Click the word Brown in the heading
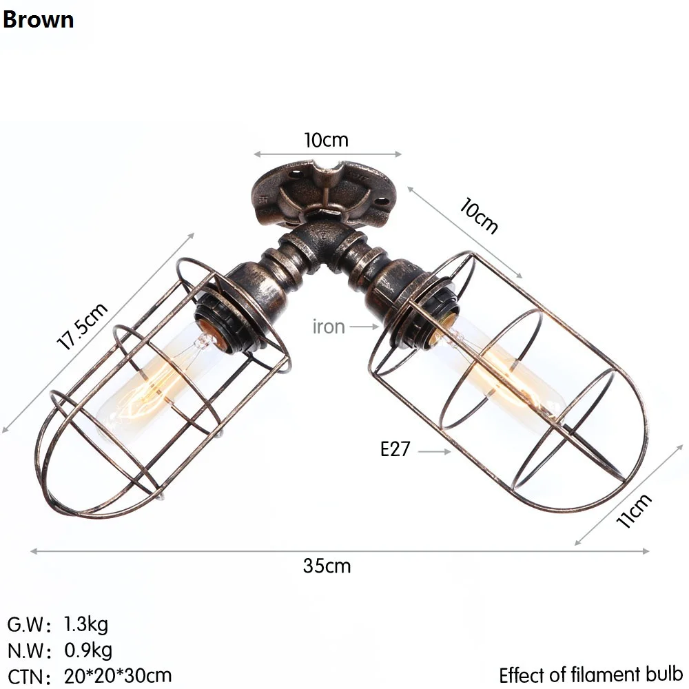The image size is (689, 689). pyautogui.click(x=38, y=19)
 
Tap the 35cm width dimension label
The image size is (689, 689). pyautogui.click(x=327, y=566)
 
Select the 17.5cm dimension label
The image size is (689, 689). pyautogui.click(x=82, y=327)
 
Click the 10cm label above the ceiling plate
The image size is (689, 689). pyautogui.click(x=327, y=140)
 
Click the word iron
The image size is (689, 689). pyautogui.click(x=329, y=326)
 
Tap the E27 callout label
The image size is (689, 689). pyautogui.click(x=395, y=450)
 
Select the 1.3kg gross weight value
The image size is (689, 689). pyautogui.click(x=86, y=625)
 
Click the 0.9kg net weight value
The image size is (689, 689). pyautogui.click(x=88, y=650)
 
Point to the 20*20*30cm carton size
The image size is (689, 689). pyautogui.click(x=118, y=675)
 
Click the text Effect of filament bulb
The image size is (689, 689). pyautogui.click(x=590, y=674)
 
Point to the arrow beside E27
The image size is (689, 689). pyautogui.click(x=434, y=451)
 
